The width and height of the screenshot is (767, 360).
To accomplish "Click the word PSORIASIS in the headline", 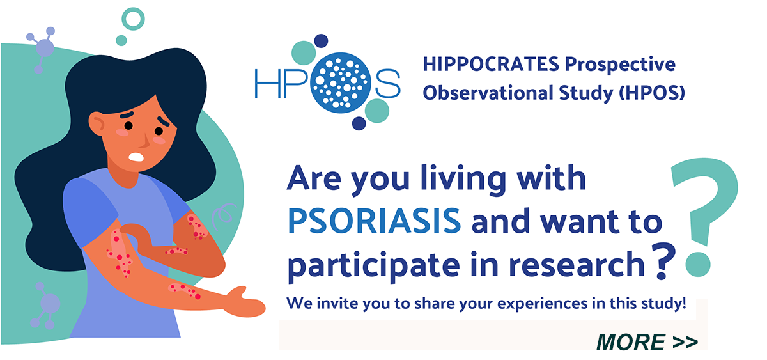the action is click(375, 221).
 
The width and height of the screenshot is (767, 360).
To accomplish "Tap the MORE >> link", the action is click(647, 342).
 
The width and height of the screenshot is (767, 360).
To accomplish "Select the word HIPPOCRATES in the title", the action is click(491, 64).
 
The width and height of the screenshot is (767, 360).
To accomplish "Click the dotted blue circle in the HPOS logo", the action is click(341, 83).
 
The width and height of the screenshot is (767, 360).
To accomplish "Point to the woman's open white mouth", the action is click(136, 157).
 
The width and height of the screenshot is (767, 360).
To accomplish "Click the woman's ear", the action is click(97, 123).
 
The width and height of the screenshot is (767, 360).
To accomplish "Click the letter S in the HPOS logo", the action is click(387, 83).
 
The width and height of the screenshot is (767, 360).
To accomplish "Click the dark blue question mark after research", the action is click(663, 262).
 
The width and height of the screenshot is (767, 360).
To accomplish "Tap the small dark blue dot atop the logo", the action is click(321, 41).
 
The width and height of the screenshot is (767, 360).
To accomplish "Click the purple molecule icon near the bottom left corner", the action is click(46, 306).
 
